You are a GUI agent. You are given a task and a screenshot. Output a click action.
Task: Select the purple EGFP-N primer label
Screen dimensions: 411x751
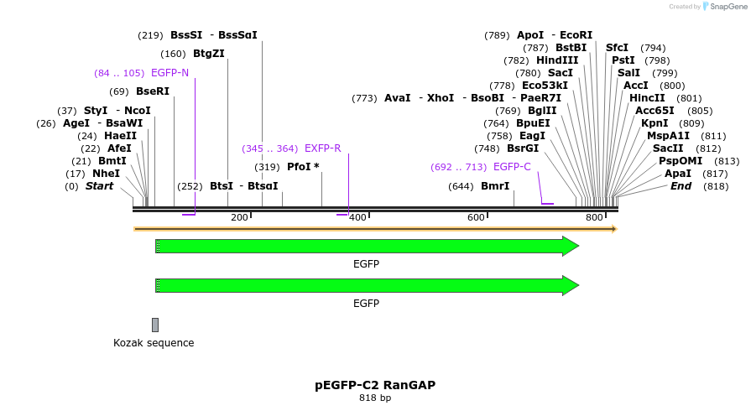(169, 73)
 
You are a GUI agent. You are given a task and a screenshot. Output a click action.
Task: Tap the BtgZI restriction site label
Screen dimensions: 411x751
(209, 54)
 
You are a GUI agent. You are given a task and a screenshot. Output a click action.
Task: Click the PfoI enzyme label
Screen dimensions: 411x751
(300, 167)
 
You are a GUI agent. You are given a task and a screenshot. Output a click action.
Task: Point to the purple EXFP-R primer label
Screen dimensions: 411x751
(322, 148)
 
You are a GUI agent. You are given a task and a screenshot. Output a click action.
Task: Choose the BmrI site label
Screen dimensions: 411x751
(495, 186)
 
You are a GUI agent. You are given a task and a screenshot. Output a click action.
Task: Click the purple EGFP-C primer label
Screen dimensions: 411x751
(512, 167)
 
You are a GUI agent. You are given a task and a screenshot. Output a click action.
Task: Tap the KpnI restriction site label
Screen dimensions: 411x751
(655, 123)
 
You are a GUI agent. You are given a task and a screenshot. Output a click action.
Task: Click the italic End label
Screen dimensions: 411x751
(681, 186)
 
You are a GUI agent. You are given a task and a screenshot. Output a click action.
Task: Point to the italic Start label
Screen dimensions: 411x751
(99, 186)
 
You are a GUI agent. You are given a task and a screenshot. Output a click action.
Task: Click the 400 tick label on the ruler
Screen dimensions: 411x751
(357, 218)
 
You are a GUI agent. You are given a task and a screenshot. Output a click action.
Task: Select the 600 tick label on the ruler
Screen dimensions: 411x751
(476, 218)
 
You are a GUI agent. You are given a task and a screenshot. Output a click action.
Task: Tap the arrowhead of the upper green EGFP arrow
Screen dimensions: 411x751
(571, 246)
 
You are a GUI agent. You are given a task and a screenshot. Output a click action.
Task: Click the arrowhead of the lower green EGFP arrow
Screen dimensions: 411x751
(571, 285)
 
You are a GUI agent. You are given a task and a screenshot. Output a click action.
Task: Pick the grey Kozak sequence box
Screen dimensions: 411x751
(155, 325)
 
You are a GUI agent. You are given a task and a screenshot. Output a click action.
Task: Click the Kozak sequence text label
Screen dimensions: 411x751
(154, 343)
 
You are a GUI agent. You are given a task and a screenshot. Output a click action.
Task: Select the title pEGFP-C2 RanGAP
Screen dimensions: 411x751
(375, 385)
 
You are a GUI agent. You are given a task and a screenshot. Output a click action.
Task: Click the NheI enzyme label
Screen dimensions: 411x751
(106, 174)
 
